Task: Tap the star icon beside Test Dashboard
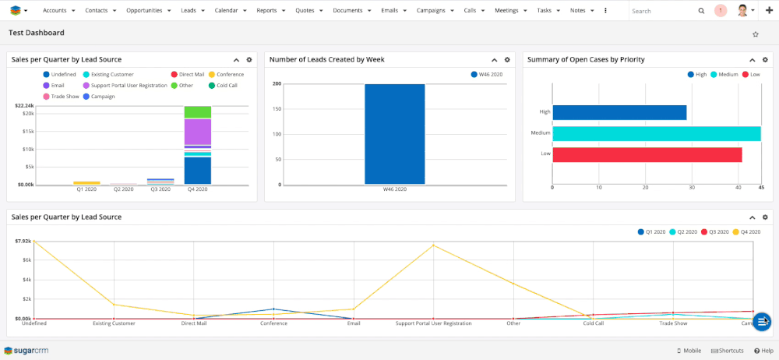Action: [755, 34]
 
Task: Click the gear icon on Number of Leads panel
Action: [507, 60]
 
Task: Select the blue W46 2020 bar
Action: [395, 134]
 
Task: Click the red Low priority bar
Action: [647, 154]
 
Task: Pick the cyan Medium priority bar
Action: [656, 133]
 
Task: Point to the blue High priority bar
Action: [619, 112]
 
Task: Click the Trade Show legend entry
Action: [62, 97]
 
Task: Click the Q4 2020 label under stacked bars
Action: [197, 189]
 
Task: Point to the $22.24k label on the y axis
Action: [24, 106]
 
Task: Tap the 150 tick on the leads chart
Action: [277, 109]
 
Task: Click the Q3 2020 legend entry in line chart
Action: [713, 232]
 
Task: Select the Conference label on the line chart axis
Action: [273, 323]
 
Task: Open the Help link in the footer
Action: [763, 351]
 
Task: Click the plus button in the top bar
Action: [769, 11]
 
